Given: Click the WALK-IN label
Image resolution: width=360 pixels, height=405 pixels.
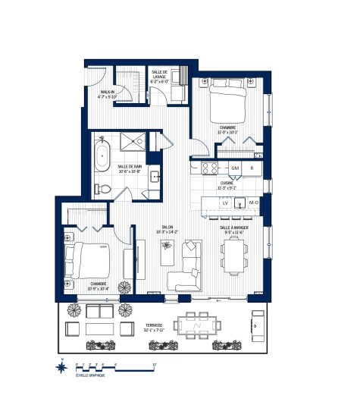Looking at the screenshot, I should (106, 94).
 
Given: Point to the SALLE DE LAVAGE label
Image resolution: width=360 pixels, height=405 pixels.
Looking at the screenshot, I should (159, 73).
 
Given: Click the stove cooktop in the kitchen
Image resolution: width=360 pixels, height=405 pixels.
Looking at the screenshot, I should (208, 167).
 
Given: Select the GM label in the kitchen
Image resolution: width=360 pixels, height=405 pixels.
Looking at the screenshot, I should (235, 167).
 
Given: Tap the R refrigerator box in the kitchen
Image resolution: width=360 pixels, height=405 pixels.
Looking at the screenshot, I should (252, 167).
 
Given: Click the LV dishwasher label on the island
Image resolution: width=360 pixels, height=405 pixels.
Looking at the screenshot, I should (225, 203).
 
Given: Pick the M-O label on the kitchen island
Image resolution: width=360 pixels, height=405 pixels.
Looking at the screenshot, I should (255, 203).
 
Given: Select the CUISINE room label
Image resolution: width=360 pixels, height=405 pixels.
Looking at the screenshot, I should (227, 185).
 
